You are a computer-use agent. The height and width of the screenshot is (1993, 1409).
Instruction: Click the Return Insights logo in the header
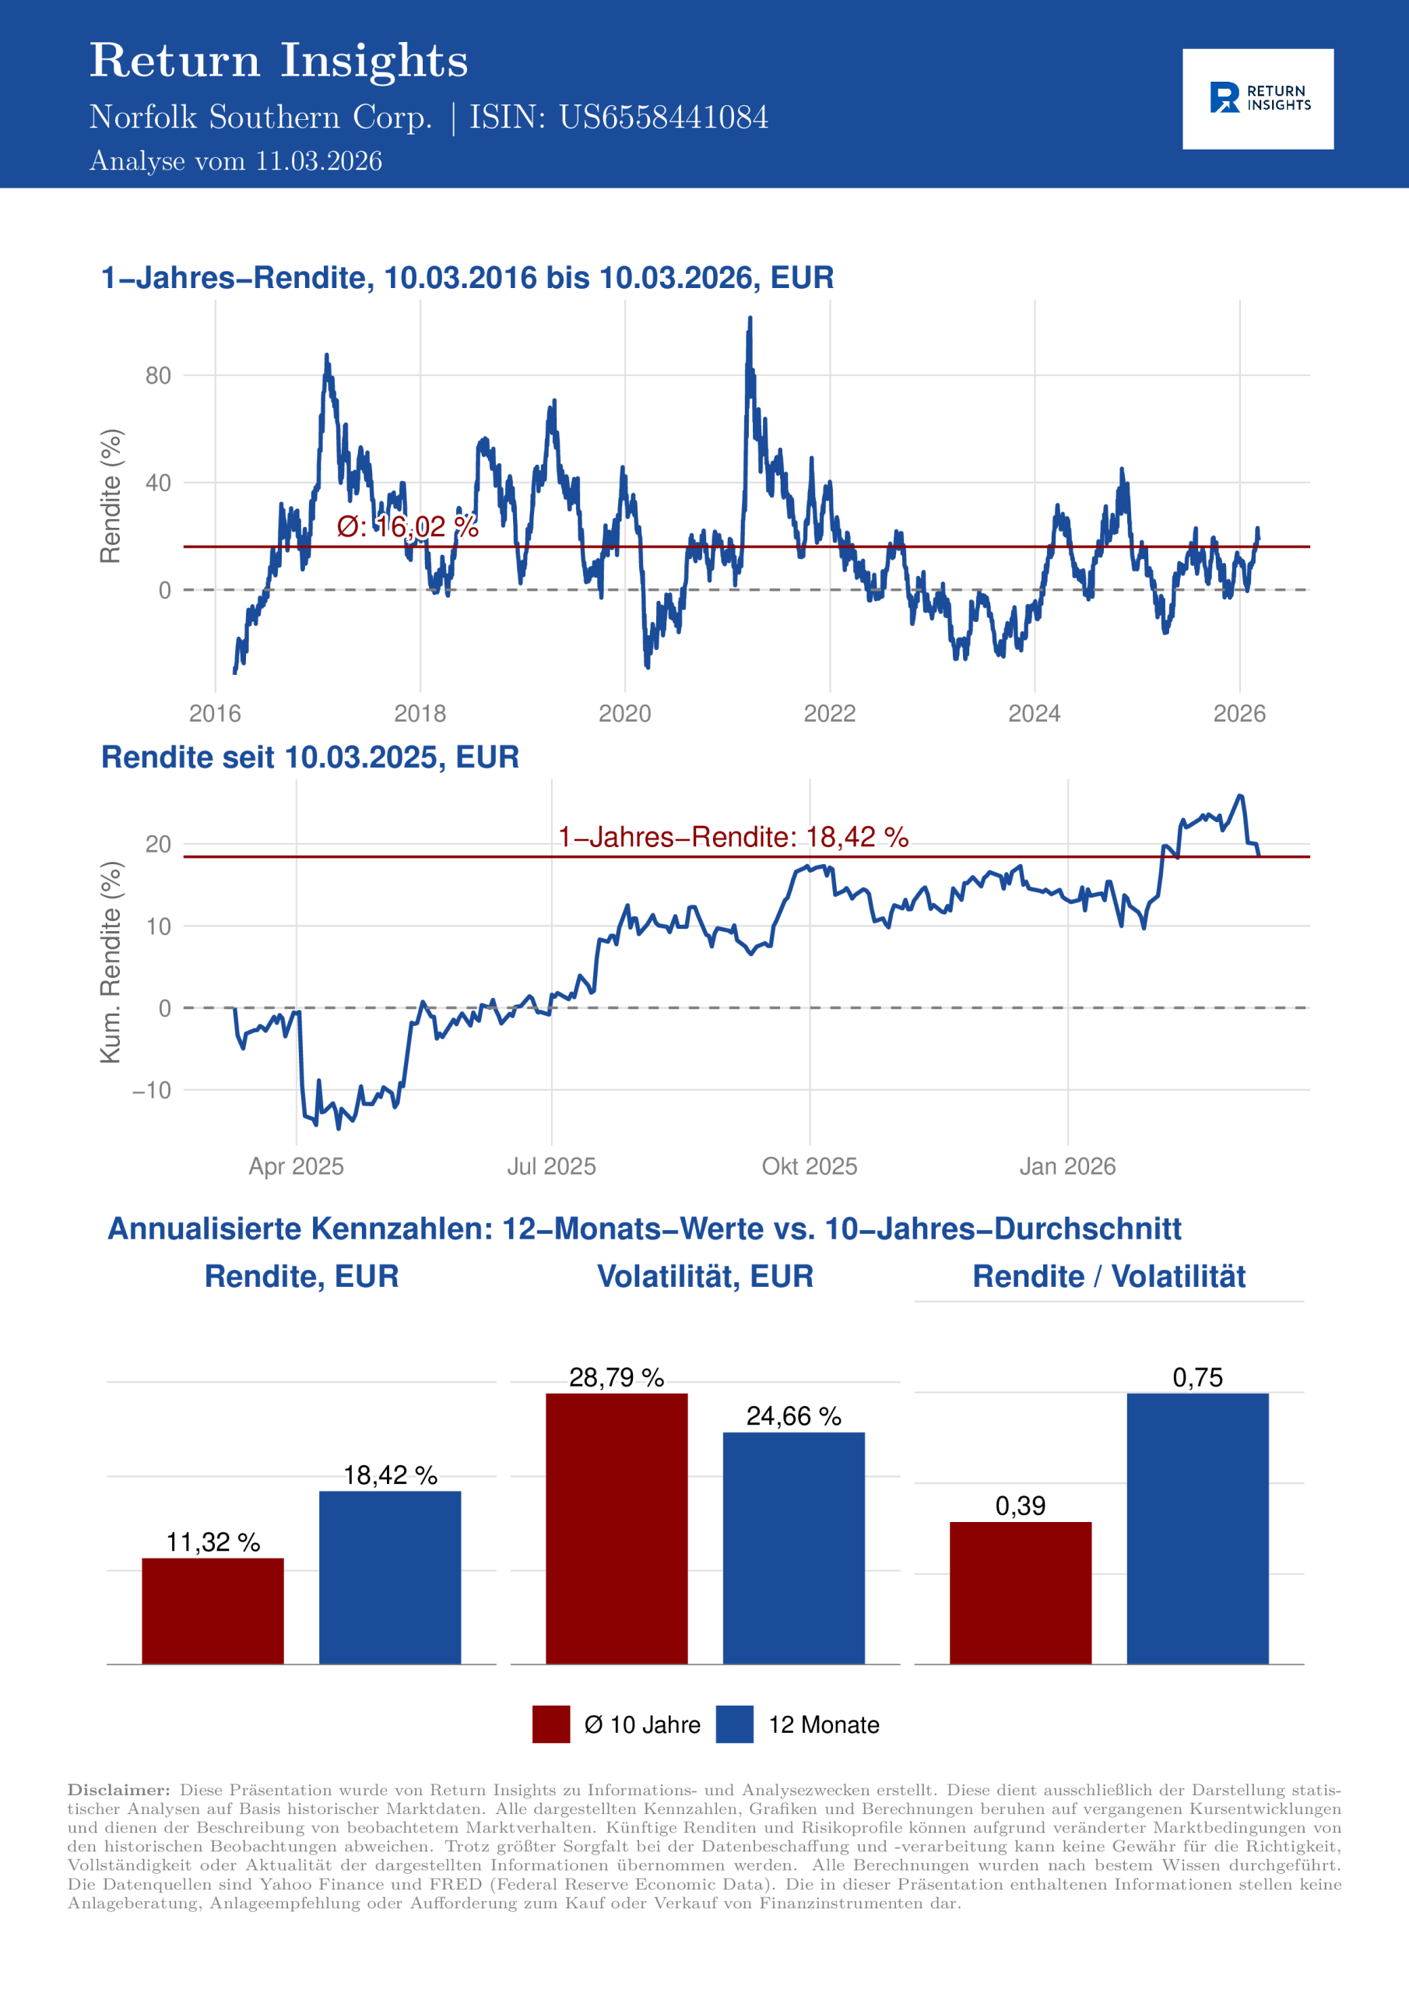coord(1257,99)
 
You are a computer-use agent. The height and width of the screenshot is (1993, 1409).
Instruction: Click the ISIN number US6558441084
coord(663,118)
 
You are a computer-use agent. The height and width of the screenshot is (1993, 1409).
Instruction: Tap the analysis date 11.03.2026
coord(318,161)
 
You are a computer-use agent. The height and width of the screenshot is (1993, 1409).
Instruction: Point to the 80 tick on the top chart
coord(158,376)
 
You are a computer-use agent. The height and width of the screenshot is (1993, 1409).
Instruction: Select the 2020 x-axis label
coord(624,714)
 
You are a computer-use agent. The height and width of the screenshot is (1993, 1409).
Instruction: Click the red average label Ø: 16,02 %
coord(407,526)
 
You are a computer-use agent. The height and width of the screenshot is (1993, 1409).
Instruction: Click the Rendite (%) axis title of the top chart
coord(111,496)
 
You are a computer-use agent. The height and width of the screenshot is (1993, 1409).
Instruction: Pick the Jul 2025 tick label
coord(551,1165)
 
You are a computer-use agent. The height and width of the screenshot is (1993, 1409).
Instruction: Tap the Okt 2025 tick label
coord(809,1165)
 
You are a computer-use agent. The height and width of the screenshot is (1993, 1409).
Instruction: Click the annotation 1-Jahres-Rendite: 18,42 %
coord(733,837)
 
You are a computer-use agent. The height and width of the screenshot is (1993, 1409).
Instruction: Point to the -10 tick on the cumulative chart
coord(152,1090)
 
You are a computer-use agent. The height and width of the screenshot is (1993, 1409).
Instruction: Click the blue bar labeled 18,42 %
coord(390,1577)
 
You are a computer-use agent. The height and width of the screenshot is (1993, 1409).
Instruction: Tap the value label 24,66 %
coord(793,1417)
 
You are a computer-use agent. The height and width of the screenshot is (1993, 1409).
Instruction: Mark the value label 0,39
coord(1020,1506)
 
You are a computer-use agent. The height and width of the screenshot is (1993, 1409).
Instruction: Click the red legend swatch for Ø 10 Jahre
coord(551,1724)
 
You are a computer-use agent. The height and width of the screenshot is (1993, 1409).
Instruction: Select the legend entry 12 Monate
coord(823,1724)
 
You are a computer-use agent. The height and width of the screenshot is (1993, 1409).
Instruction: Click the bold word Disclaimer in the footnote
coord(119,1790)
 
